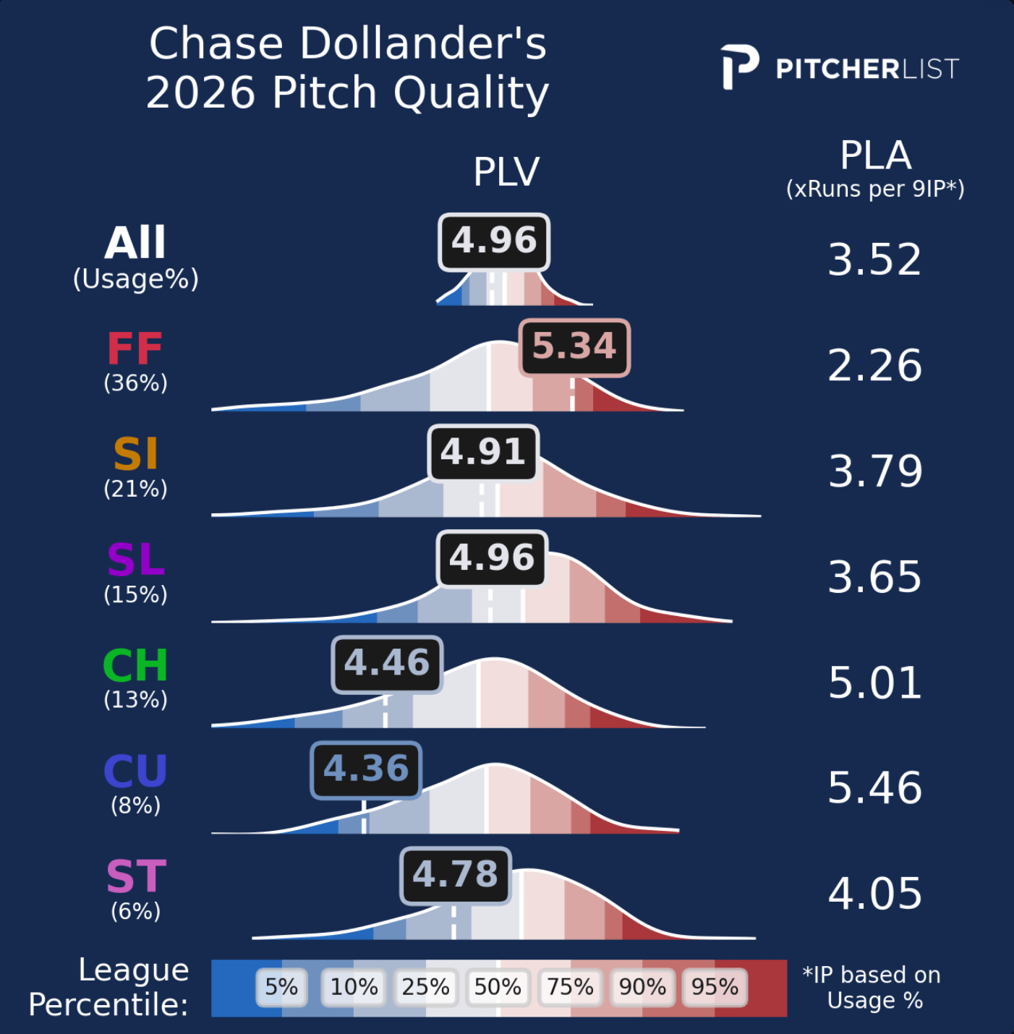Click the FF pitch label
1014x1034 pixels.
tap(135, 349)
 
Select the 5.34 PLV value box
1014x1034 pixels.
tap(575, 347)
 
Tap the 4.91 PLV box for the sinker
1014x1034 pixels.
tap(483, 453)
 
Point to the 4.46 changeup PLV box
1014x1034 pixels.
tap(387, 664)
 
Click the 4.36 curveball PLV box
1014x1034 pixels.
tap(366, 769)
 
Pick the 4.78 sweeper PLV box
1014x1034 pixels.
tap(456, 875)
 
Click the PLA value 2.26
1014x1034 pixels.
tap(874, 366)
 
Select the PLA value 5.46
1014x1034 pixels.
tap(874, 788)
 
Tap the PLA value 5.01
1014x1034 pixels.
tap(874, 683)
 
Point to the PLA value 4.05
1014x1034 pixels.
tap(874, 894)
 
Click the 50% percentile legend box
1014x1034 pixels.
tap(498, 987)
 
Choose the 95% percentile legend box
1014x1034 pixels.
tap(715, 987)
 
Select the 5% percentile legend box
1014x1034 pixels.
tap(281, 987)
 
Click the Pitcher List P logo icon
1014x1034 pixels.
tap(739, 67)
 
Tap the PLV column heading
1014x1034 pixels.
tap(506, 172)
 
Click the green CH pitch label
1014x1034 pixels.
tap(135, 666)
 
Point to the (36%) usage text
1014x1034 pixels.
tap(135, 383)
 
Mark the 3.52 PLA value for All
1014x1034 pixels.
tap(874, 260)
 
